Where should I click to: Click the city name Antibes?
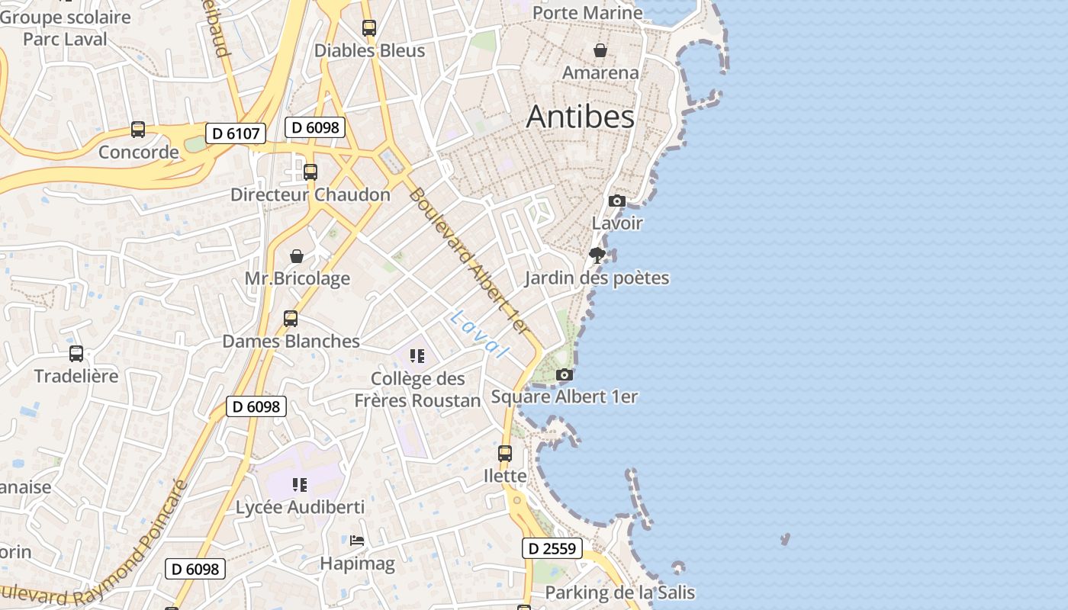tap(580, 117)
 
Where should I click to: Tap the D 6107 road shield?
tap(236, 133)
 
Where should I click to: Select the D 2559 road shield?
tap(552, 548)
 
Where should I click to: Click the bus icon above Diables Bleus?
tap(369, 28)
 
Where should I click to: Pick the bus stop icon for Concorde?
tap(138, 130)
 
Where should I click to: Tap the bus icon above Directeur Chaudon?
tap(310, 172)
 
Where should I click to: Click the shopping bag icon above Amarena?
tap(600, 50)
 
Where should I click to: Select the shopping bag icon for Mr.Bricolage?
tap(297, 256)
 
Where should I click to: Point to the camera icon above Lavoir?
tap(617, 201)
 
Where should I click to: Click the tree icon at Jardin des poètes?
tap(597, 255)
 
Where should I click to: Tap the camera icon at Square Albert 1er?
tap(565, 374)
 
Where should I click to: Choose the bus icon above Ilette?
tap(505, 454)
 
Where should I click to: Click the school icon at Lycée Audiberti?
tap(300, 485)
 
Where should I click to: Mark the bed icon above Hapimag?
tap(357, 541)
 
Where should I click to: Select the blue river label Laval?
tap(479, 335)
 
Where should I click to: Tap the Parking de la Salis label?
tap(619, 592)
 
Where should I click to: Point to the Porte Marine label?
tap(587, 12)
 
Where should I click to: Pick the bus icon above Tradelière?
tap(76, 354)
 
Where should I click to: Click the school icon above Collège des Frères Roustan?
tap(417, 356)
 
